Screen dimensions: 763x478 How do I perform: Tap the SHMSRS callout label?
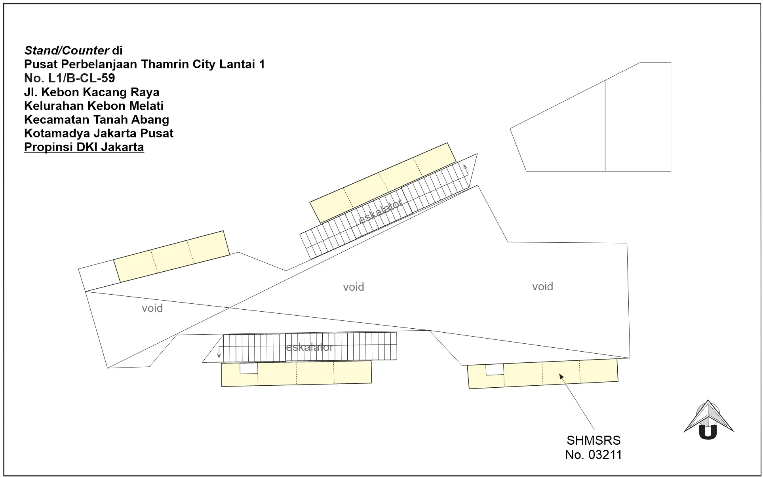coord(594,440)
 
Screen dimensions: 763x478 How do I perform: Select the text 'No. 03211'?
coord(594,455)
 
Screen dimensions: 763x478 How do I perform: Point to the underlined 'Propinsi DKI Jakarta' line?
coord(84,147)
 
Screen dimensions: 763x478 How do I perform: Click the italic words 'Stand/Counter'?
coord(67,50)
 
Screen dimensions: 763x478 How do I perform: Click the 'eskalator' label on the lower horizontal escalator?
coord(310,347)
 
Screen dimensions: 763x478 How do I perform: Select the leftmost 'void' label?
coord(152,308)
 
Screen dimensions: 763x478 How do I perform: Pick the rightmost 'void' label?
coord(542,286)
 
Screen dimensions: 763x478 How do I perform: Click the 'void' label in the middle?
coord(354,287)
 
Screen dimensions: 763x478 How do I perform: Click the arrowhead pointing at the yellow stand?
coord(561,376)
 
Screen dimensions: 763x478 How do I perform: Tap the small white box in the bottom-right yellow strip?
coord(495,369)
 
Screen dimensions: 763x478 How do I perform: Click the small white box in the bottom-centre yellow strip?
coord(249,368)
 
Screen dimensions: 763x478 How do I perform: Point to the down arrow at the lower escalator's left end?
coord(219,352)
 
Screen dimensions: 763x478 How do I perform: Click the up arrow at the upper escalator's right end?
coord(466,169)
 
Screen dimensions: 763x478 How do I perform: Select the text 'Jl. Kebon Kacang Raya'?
coord(92,92)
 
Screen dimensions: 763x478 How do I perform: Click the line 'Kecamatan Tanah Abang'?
coord(97,119)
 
